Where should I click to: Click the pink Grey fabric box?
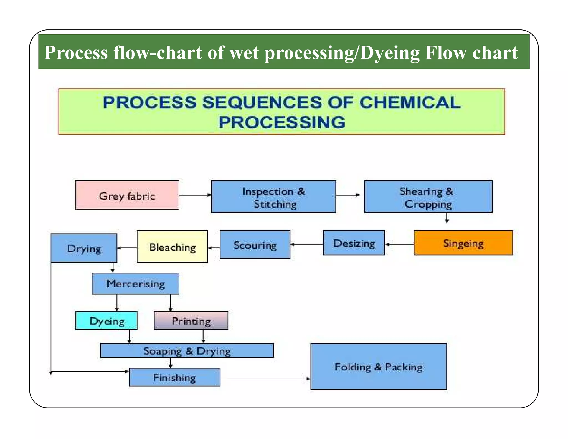pos(127,195)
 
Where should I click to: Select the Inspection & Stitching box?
pos(273,197)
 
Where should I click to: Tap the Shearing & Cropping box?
pos(428,197)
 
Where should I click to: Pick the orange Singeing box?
pos(463,243)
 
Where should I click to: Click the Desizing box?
pos(354,243)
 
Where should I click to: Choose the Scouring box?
pos(255,244)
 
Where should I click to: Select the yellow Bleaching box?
pos(172,246)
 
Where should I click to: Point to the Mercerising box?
pos(135,284)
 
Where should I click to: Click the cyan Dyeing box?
pos(106,321)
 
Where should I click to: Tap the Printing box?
pos(191,321)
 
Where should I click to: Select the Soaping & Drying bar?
pos(187,351)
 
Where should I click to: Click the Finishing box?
pos(174,377)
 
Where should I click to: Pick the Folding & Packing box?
pos(378,367)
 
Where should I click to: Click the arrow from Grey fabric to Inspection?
pos(195,195)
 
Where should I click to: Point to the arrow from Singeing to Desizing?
pos(399,244)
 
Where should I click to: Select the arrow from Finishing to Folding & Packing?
pos(265,379)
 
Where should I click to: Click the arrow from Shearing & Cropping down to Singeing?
pos(447,218)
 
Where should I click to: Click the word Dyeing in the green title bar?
pos(390,52)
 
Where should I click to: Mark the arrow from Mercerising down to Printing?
pos(170,302)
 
